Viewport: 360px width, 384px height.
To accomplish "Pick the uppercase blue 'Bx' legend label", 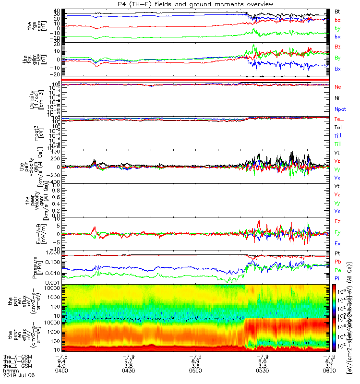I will click(338, 69).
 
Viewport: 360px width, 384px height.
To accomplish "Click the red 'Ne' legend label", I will click(338, 87).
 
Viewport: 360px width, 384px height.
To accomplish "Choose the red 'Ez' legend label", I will click(338, 222).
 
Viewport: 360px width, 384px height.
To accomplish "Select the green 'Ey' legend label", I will click(338, 233).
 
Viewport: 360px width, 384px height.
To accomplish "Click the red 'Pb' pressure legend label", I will click(338, 262).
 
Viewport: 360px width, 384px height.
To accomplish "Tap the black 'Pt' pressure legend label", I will click(338, 253).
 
